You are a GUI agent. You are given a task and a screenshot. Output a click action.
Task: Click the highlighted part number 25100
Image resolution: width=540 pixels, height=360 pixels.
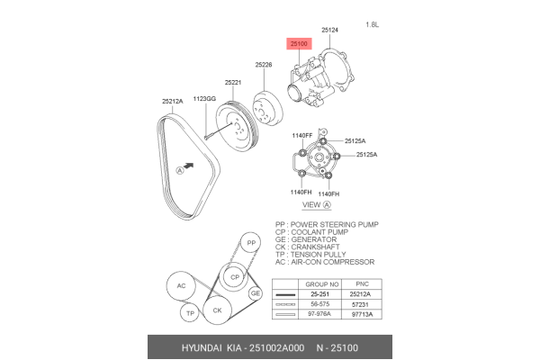coord(298,42)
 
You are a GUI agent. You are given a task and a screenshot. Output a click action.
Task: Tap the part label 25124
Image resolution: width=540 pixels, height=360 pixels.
coord(330,31)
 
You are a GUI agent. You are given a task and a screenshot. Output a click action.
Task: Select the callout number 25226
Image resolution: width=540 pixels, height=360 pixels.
coord(263,65)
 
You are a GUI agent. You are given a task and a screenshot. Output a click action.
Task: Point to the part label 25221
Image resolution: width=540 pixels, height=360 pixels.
coord(233,82)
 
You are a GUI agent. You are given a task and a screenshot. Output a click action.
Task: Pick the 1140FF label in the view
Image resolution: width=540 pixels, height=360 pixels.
coord(301,135)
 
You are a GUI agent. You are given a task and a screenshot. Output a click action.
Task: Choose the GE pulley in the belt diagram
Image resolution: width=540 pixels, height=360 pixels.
coord(256,293)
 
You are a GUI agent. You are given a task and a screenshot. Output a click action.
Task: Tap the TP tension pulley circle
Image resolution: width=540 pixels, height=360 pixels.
coord(189,313)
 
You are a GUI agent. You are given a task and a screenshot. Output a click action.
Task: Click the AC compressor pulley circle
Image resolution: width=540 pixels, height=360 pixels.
coord(180,286)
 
